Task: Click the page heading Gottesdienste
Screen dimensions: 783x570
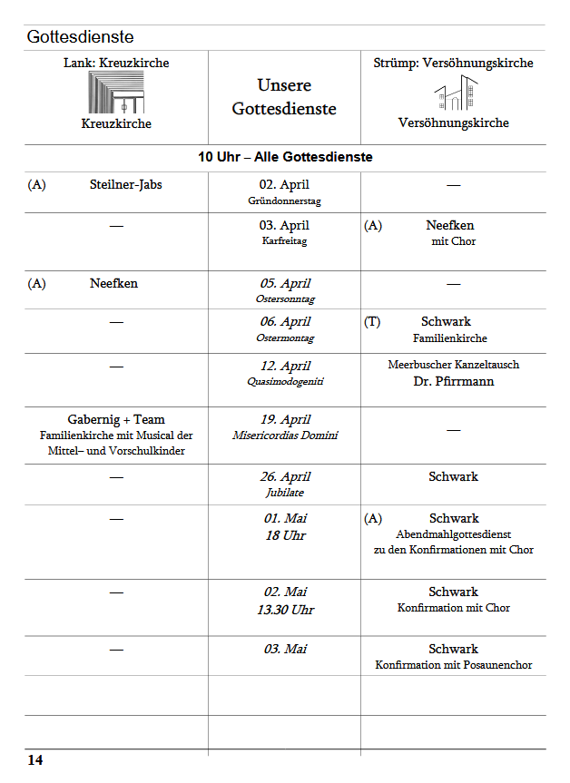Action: click(80, 37)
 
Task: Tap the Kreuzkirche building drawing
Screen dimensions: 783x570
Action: click(116, 93)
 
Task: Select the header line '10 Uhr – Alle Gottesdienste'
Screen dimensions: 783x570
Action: click(285, 157)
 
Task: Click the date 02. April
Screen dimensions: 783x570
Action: click(284, 184)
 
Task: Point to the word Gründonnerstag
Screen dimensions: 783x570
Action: click(284, 201)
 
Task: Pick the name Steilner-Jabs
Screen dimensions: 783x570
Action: click(126, 184)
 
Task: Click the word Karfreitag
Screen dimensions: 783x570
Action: click(284, 241)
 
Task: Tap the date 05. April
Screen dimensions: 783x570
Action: click(284, 283)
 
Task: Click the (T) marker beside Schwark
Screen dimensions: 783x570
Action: click(372, 321)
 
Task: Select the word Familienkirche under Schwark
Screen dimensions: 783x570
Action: click(449, 338)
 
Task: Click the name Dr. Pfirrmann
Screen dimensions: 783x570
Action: click(453, 381)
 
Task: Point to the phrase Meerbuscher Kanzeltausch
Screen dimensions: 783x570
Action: click(454, 365)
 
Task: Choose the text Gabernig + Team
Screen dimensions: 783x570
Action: click(116, 419)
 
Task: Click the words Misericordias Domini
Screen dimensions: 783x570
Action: click(284, 436)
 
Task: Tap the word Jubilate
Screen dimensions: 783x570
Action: click(284, 493)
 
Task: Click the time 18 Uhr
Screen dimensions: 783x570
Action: click(284, 535)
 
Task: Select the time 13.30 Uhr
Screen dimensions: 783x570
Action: click(284, 610)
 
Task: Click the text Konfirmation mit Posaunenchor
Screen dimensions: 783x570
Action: click(454, 665)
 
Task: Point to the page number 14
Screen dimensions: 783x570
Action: click(34, 760)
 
